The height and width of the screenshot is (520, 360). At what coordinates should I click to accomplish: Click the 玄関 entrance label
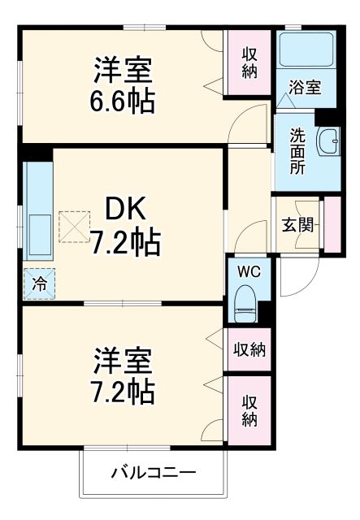pyautogui.click(x=298, y=223)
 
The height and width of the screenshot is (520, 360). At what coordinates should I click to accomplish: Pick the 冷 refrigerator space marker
pyautogui.click(x=39, y=284)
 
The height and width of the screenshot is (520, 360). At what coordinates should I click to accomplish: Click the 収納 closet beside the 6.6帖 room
pyautogui.click(x=249, y=63)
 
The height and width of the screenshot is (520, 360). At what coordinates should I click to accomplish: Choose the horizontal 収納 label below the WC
pyautogui.click(x=249, y=350)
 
